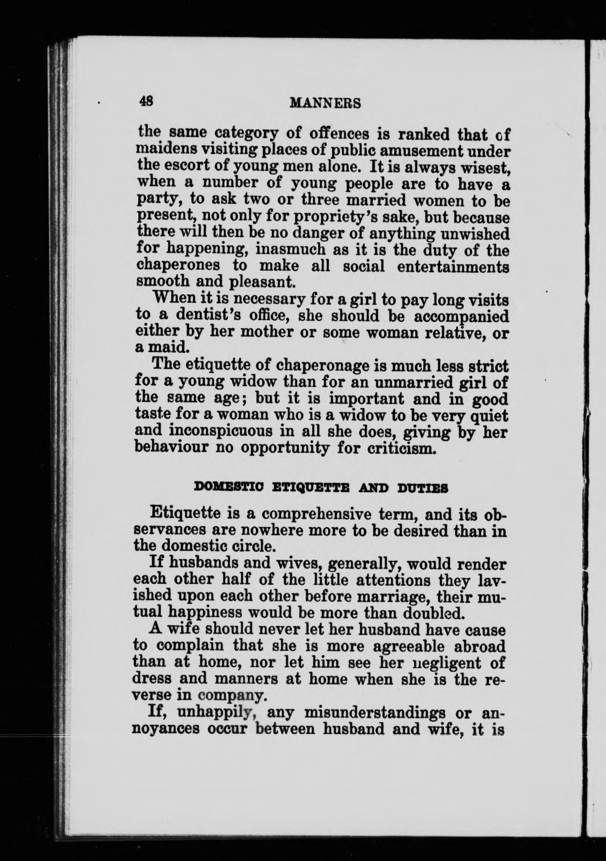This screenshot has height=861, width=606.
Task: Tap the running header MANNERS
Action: tap(325, 104)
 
